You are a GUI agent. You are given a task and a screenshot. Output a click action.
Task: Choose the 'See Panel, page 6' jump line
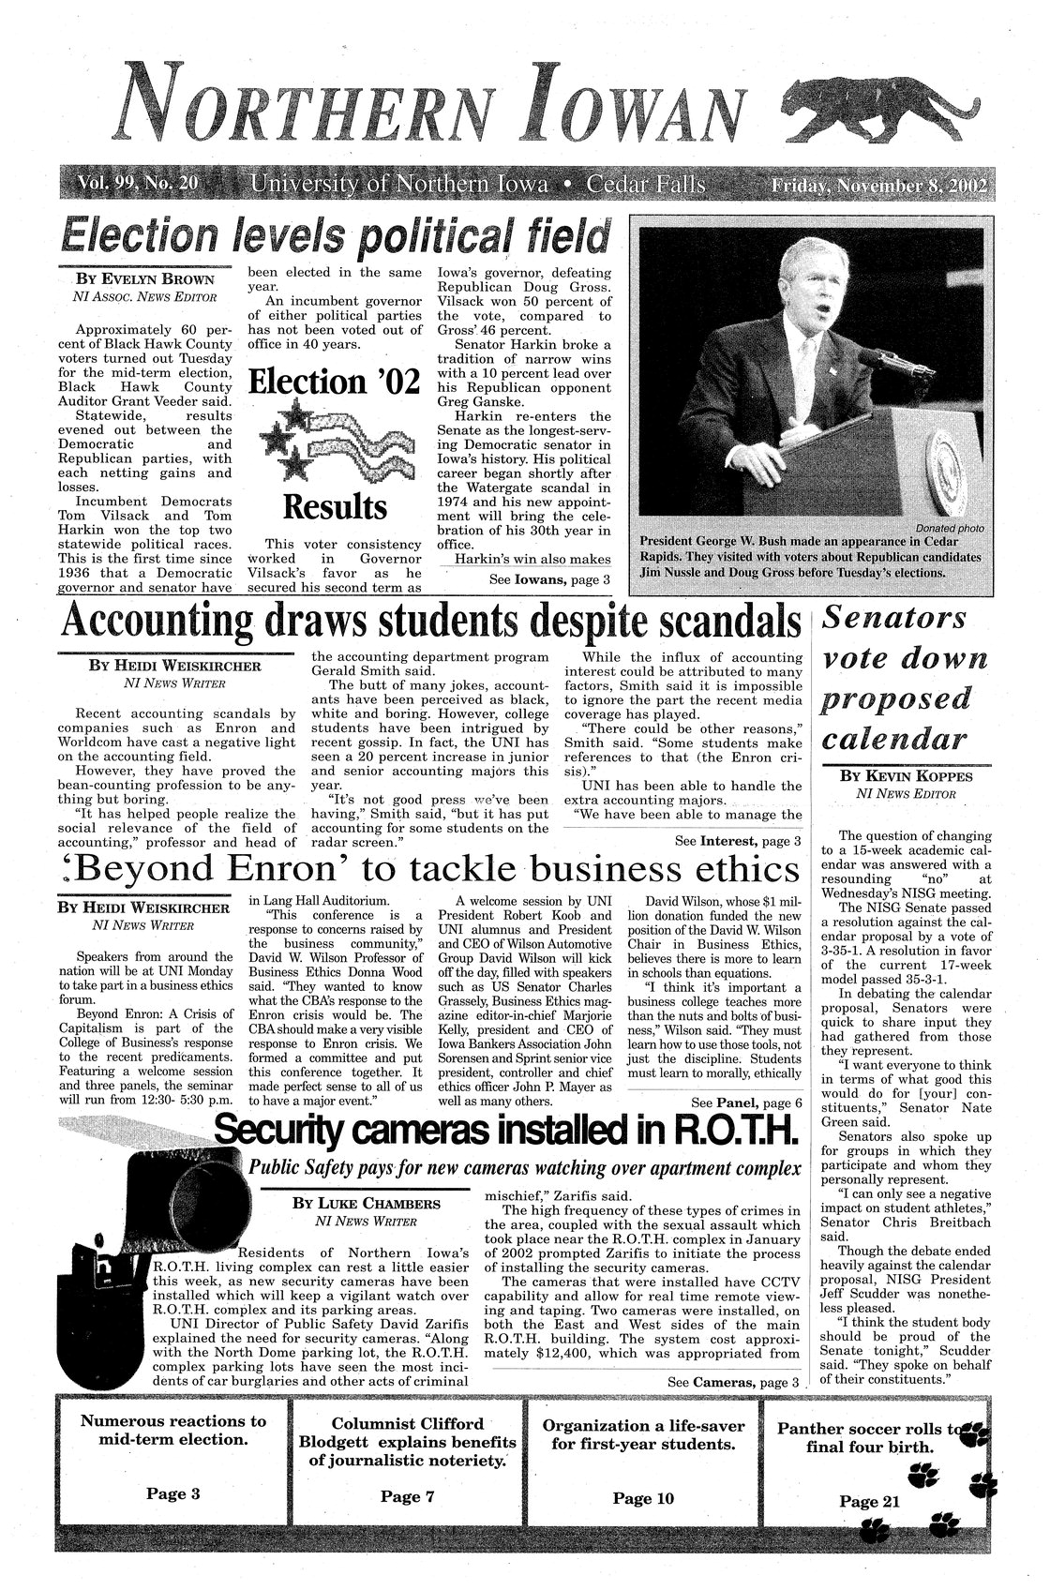[744, 1102]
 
